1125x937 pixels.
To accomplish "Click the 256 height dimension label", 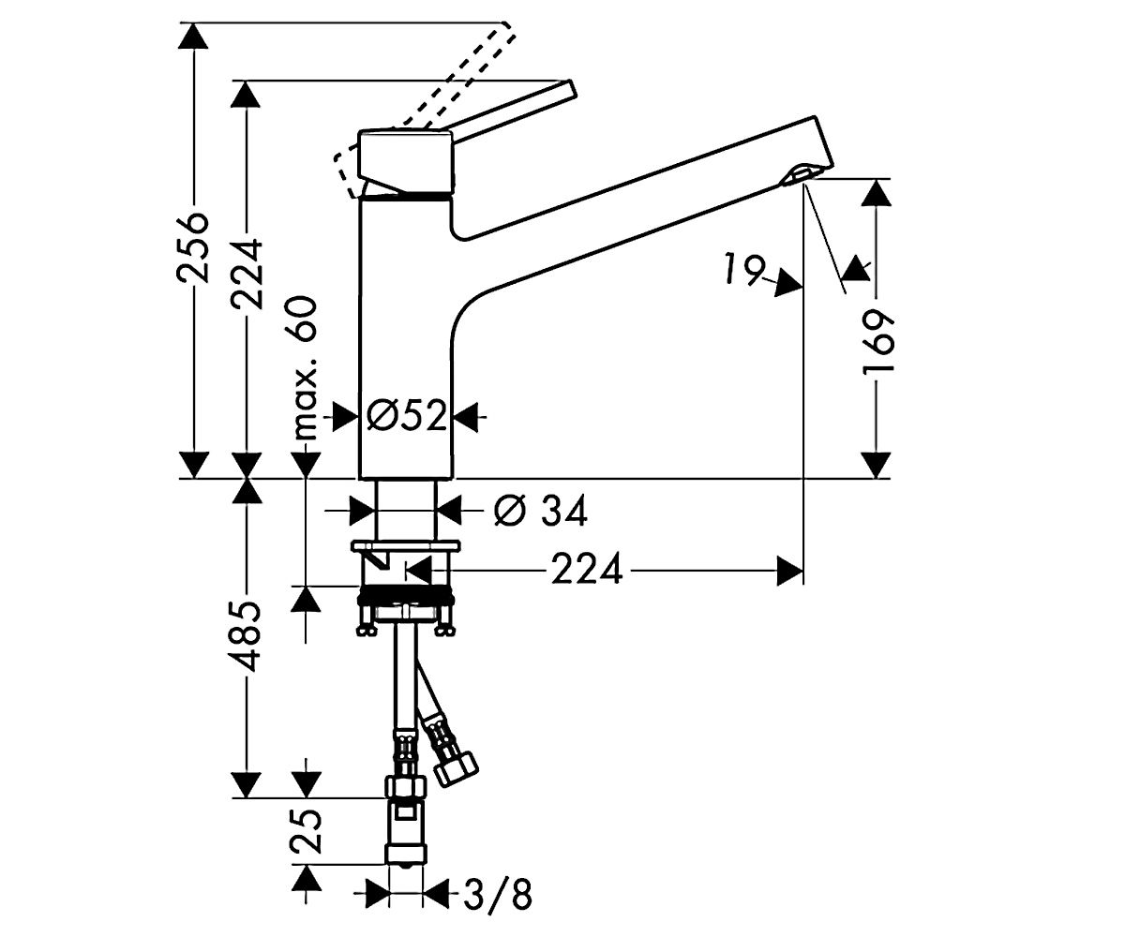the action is coord(192,247).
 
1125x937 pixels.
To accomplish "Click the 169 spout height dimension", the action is coord(877,343).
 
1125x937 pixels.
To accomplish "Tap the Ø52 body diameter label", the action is coord(407,416).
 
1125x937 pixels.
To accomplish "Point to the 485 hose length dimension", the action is coord(247,637).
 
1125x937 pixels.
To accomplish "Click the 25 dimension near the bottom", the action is coord(306,831).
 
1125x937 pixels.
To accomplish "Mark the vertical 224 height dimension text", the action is coord(247,275).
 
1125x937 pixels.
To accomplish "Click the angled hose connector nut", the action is coord(456,768).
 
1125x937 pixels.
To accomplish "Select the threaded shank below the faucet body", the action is coord(405,510).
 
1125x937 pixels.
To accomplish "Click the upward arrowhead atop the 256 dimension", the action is coord(193,37).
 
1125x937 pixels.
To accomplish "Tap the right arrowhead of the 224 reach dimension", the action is coord(790,571).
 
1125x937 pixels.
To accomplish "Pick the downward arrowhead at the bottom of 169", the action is coord(876,465).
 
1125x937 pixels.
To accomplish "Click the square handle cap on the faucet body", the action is coord(406,160).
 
